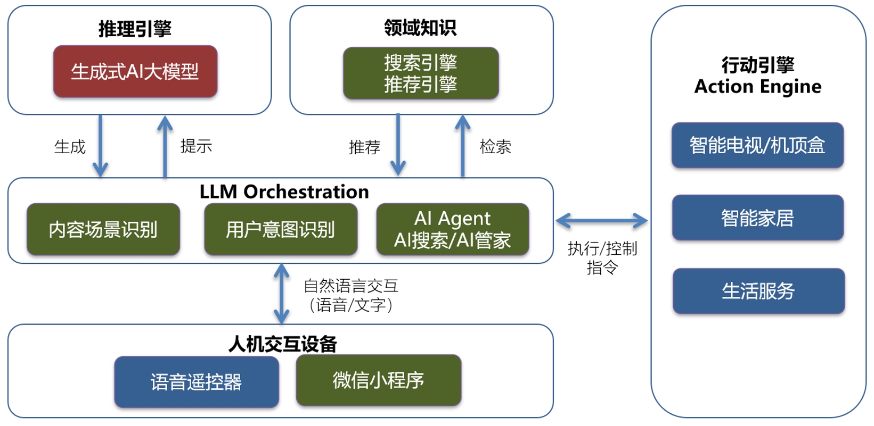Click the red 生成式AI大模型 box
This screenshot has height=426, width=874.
click(135, 71)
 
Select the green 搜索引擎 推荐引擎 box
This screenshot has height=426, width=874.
click(421, 73)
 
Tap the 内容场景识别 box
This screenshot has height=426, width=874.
click(103, 229)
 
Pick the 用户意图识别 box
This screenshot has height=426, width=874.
click(281, 229)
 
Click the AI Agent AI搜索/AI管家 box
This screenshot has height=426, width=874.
click(453, 229)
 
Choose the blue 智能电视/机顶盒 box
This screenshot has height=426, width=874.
click(757, 145)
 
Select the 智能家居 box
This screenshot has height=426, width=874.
click(757, 218)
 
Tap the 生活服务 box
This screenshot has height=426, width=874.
click(758, 291)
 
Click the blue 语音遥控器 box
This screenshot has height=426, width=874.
click(197, 382)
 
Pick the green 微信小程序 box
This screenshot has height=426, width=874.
click(379, 380)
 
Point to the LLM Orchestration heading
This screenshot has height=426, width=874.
click(284, 191)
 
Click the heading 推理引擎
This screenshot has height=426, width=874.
click(135, 29)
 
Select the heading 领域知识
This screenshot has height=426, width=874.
click(420, 28)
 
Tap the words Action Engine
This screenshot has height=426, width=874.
click(757, 86)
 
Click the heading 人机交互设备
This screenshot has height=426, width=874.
click(283, 344)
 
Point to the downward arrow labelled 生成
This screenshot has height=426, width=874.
click(100, 146)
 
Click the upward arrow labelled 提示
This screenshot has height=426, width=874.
click(165, 146)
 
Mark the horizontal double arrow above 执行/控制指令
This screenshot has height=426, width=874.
click(601, 220)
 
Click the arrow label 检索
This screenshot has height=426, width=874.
click(495, 146)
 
